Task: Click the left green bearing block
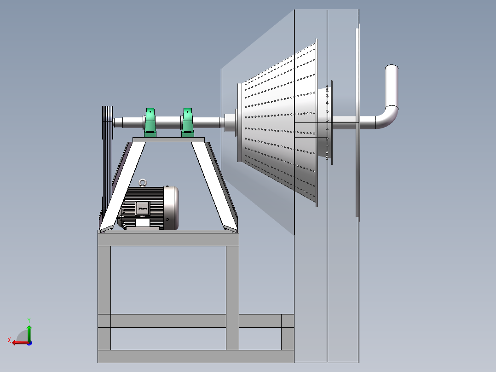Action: pos(150,123)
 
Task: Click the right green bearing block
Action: pos(187,123)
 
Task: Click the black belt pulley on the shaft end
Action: pos(107,122)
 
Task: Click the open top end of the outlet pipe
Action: pos(392,68)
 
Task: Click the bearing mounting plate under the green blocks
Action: pos(168,139)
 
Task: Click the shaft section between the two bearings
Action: pos(168,122)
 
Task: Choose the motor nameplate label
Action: pos(142,209)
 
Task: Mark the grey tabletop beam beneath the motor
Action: pos(168,239)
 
